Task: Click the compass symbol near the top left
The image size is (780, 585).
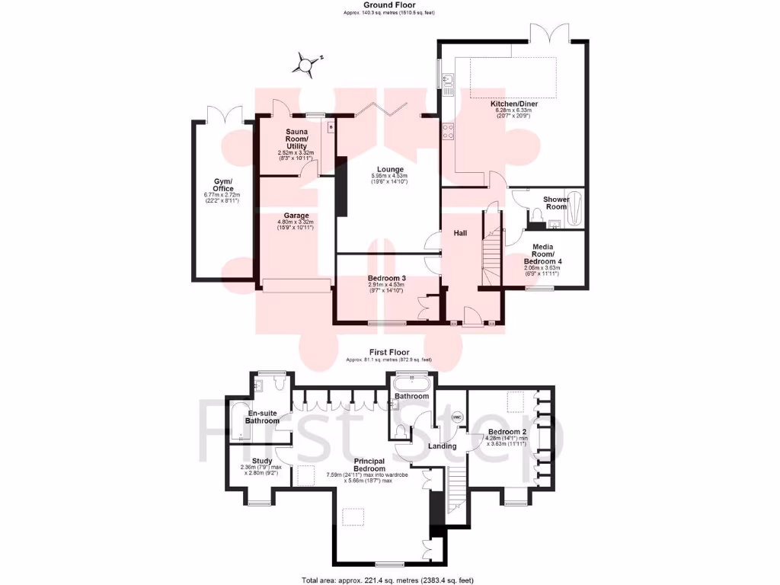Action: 306,66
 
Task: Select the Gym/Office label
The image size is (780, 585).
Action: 222,184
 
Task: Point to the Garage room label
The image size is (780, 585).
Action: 296,216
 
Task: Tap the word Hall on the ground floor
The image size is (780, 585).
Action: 461,232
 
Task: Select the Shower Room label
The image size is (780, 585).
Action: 555,203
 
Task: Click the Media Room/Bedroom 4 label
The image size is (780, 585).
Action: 542,255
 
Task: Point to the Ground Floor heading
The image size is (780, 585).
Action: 389,5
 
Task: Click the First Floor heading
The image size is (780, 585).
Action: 389,352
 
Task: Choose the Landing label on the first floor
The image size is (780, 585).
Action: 442,446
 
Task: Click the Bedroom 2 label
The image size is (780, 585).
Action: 503,432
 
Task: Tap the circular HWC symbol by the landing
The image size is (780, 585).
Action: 458,417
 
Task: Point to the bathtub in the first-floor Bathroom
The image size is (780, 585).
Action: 411,383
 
